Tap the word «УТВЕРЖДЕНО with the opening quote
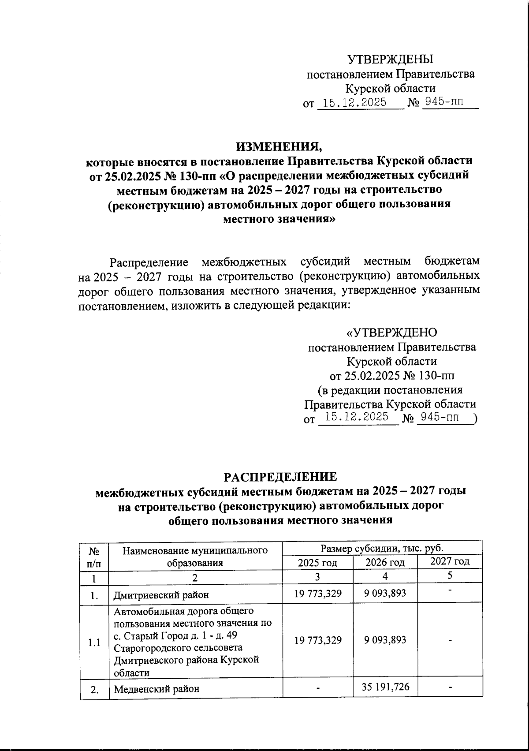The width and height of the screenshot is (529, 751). (x=391, y=332)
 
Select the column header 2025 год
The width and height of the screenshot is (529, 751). (x=317, y=562)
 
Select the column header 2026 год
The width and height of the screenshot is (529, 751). (x=385, y=562)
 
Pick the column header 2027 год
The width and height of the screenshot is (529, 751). (x=450, y=561)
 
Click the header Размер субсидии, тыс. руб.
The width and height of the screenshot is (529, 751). (x=382, y=548)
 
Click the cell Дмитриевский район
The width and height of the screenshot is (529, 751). (x=161, y=595)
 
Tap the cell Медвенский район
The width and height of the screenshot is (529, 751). (x=156, y=688)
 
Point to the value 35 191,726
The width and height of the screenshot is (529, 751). (x=385, y=687)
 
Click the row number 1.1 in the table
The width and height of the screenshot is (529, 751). (x=93, y=643)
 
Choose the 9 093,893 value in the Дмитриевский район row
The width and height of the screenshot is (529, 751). (x=385, y=594)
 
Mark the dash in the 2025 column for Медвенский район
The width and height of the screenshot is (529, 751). (x=317, y=687)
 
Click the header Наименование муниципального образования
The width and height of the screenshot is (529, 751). (x=195, y=556)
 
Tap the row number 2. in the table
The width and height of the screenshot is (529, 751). (x=93, y=688)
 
